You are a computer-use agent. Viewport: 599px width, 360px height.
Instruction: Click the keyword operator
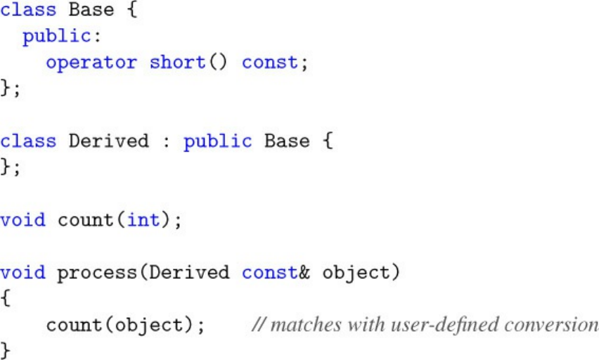[x=91, y=62]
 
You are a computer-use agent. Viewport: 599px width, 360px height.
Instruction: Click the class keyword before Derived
[x=28, y=141]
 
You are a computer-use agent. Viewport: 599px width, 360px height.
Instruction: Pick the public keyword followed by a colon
[x=57, y=36]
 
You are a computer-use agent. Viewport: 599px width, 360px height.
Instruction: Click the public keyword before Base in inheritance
[x=217, y=141]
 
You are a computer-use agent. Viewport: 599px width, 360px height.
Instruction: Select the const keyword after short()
[x=270, y=62]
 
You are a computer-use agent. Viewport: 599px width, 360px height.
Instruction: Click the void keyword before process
[x=22, y=273]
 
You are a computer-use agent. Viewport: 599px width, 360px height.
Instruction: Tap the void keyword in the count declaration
[x=22, y=220]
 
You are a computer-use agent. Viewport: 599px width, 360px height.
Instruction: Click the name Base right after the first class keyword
[x=91, y=10]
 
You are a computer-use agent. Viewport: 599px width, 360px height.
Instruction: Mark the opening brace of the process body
[x=6, y=299]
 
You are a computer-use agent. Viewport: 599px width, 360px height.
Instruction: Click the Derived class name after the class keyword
[x=109, y=141]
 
